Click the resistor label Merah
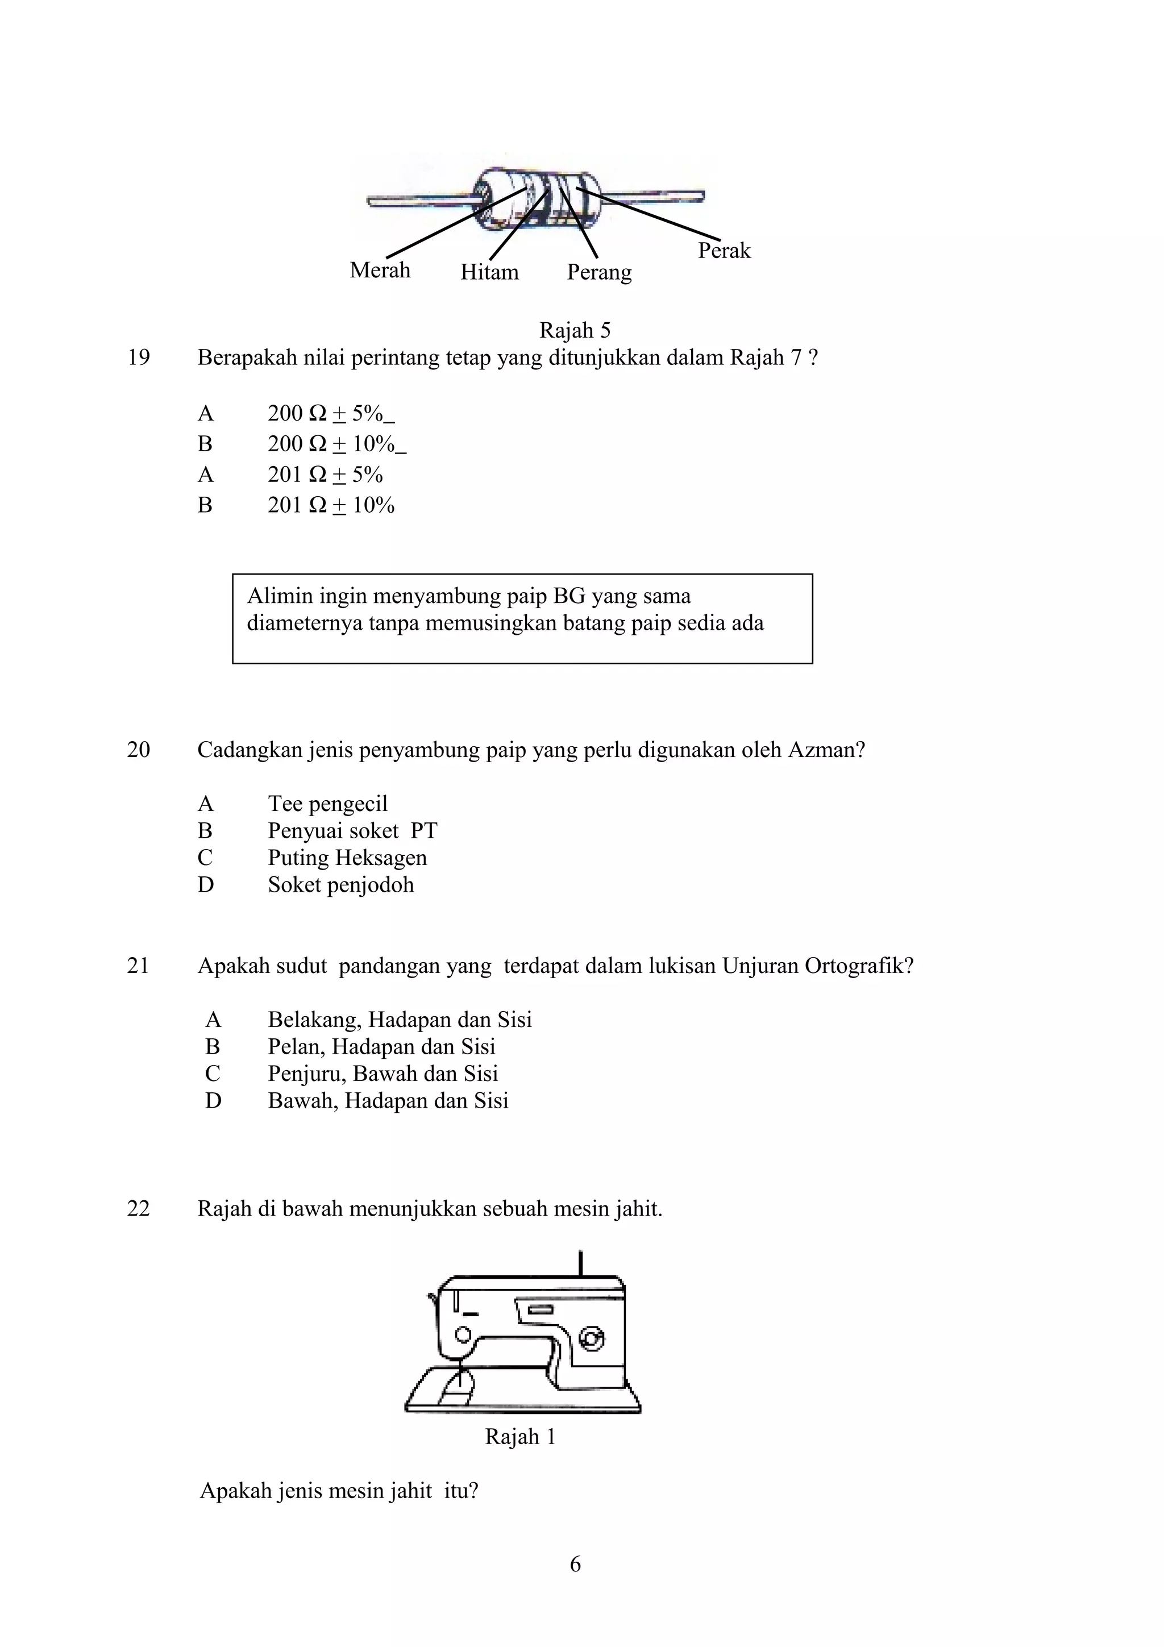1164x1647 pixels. pyautogui.click(x=380, y=271)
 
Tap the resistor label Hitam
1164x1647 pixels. pyautogui.click(x=489, y=273)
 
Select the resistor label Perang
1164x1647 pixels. pyautogui.click(x=599, y=273)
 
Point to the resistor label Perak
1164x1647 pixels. pyautogui.click(x=724, y=251)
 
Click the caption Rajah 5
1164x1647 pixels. pyautogui.click(x=575, y=331)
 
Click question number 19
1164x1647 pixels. pyautogui.click(x=139, y=357)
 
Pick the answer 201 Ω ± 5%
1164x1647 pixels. pyautogui.click(x=325, y=475)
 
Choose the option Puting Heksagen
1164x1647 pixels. pyautogui.click(x=347, y=858)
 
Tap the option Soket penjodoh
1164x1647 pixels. pyautogui.click(x=340, y=884)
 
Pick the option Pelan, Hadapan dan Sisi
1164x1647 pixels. pyautogui.click(x=381, y=1047)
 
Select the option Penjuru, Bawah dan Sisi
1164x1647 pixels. pyautogui.click(x=383, y=1074)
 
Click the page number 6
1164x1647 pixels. pyautogui.click(x=575, y=1565)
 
